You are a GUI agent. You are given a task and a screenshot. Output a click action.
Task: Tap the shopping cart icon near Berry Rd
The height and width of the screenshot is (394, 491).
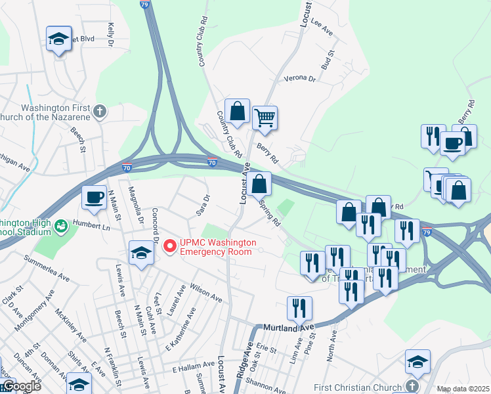[265, 118]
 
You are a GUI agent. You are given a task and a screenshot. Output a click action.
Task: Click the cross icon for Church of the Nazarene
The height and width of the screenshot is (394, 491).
[100, 111]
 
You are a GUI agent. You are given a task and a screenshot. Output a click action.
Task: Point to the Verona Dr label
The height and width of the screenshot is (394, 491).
[299, 78]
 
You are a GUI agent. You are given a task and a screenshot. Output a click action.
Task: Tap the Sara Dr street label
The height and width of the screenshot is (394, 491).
[203, 205]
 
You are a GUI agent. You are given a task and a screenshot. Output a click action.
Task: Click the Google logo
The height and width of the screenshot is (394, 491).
[21, 386]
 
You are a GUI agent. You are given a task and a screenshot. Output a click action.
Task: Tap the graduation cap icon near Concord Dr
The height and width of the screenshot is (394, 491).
[141, 253]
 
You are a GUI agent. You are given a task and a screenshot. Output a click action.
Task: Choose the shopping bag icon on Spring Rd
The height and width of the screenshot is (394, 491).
[260, 183]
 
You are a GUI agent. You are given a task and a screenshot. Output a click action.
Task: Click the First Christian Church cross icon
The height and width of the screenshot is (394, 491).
[412, 385]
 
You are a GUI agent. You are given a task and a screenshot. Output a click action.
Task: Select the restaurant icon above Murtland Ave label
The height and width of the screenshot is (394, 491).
[299, 307]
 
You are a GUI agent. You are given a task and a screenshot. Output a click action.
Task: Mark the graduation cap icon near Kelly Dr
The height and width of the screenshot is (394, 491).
[58, 39]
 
